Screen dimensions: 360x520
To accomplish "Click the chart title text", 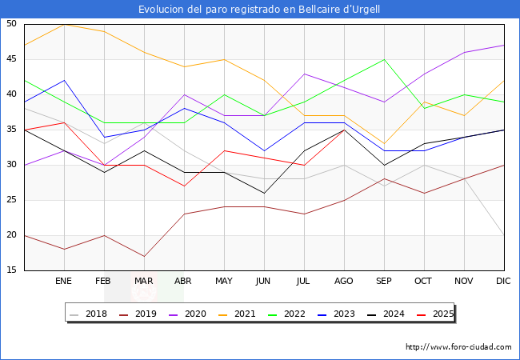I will pyautogui.click(x=259, y=10).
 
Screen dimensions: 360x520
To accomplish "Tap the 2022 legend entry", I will pyautogui.click(x=295, y=314).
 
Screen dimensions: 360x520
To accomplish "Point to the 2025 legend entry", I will pyautogui.click(x=442, y=314).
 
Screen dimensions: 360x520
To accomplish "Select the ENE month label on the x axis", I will pyautogui.click(x=64, y=282).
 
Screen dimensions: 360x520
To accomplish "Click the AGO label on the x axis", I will pyautogui.click(x=344, y=282).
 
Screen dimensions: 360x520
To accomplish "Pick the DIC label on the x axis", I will pyautogui.click(x=504, y=282).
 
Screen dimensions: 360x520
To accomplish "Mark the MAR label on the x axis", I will pyautogui.click(x=144, y=282).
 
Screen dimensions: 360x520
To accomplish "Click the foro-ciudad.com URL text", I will pyautogui.click(x=458, y=347).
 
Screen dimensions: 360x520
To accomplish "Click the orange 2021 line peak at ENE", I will pyautogui.click(x=64, y=24).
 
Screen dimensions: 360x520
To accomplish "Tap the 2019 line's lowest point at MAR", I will pyautogui.click(x=144, y=257).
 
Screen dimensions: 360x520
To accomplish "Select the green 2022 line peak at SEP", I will pyautogui.click(x=384, y=59).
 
